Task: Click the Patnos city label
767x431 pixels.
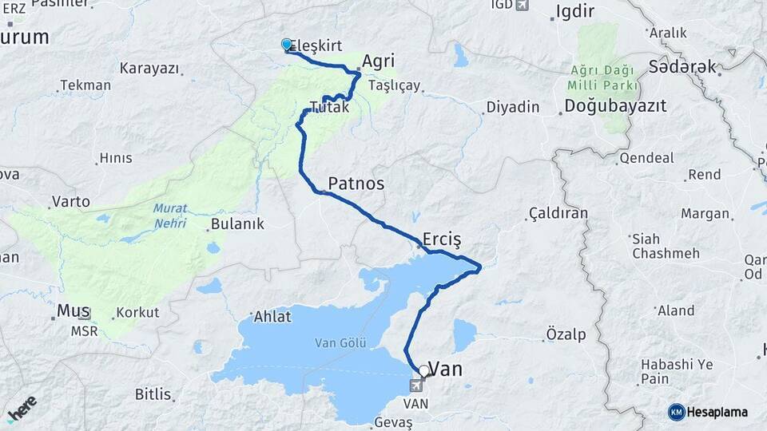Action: coord(356,184)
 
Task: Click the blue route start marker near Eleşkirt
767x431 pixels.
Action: coord(287,45)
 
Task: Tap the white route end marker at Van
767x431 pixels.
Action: coord(423,371)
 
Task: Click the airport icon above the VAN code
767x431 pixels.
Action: coord(416,386)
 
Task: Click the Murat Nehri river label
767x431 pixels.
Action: coord(169,213)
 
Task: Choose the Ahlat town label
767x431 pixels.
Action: coord(273,316)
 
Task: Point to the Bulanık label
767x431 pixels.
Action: coord(236,224)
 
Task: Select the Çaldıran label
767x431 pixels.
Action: coord(558,213)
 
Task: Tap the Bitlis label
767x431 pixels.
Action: coord(153,393)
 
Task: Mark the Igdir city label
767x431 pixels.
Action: coord(573,13)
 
